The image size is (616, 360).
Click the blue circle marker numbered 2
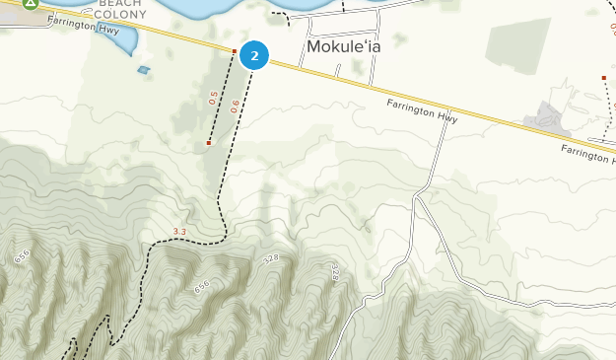(x=254, y=56)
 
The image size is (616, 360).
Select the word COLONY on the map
(x=120, y=15)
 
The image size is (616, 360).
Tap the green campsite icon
(x=31, y=3)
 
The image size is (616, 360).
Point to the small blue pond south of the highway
(x=144, y=70)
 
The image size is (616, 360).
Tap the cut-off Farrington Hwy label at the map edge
(x=587, y=153)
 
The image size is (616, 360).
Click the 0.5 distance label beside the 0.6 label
(x=212, y=99)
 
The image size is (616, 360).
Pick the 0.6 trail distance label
(x=236, y=107)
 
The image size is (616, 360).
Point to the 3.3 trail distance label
(x=179, y=232)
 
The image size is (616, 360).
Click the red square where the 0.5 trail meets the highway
(x=234, y=51)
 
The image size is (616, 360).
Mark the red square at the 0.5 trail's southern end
(x=209, y=143)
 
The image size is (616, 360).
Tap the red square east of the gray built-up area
(x=603, y=78)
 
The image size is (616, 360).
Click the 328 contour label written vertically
(x=334, y=272)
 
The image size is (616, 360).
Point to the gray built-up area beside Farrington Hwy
(x=547, y=119)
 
